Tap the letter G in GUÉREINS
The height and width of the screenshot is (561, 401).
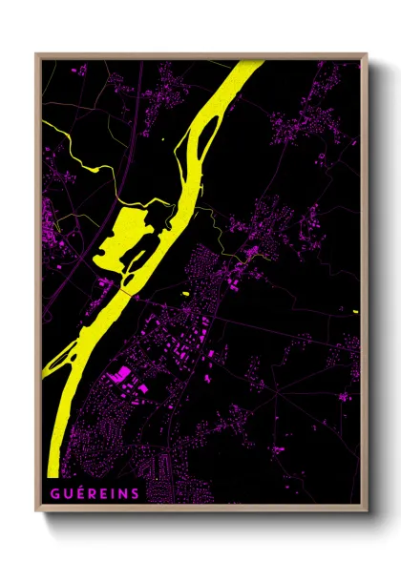(x=51, y=492)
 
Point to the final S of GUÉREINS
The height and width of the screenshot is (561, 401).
(x=134, y=492)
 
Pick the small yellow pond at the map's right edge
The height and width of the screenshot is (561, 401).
(x=354, y=310)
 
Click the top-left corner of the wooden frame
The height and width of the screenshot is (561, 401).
(x=37, y=54)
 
